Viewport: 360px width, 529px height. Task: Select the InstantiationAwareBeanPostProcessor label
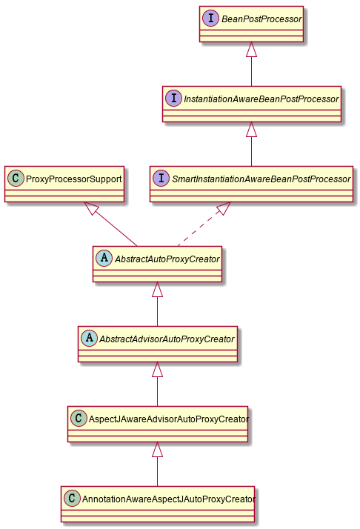[x=260, y=98]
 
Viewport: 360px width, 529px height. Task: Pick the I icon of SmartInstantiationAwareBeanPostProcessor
[x=161, y=179]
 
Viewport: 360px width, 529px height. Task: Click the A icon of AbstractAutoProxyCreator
[x=104, y=259]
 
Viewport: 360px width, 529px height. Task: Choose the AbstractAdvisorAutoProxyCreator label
[x=167, y=339]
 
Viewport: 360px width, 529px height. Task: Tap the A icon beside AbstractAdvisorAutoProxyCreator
[x=90, y=339]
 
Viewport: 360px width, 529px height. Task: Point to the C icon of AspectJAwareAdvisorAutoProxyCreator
[x=79, y=419]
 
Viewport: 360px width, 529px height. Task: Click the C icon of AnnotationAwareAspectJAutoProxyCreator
[x=72, y=499]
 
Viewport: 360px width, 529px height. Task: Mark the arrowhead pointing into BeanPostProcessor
[x=252, y=50]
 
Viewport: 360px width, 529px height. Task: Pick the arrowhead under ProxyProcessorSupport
[x=90, y=210]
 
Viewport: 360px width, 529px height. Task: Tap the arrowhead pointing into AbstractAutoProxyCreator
[x=157, y=290]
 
